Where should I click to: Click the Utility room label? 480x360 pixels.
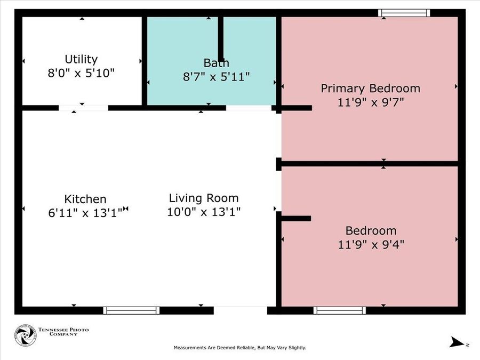81,59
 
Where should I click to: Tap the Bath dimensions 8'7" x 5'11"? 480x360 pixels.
217,76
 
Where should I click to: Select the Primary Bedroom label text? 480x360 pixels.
371,89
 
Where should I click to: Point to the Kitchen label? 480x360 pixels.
85,199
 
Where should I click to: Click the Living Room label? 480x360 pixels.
204,198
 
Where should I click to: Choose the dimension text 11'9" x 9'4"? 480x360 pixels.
371,245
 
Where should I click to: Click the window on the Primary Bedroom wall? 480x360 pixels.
404,13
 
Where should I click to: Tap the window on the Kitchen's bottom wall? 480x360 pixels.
131,310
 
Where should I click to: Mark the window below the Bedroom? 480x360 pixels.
340,310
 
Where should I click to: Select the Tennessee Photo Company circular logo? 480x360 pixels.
26,335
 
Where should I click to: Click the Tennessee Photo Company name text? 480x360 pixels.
63,332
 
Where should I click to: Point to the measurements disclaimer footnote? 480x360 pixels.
240,348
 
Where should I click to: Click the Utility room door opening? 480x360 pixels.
83,108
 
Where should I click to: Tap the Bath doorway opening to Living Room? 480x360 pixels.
249,108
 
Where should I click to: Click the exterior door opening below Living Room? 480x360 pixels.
241,310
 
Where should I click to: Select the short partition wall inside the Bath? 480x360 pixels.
220,39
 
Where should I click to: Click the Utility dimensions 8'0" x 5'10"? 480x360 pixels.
81,73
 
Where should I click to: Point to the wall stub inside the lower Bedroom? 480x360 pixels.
296,218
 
